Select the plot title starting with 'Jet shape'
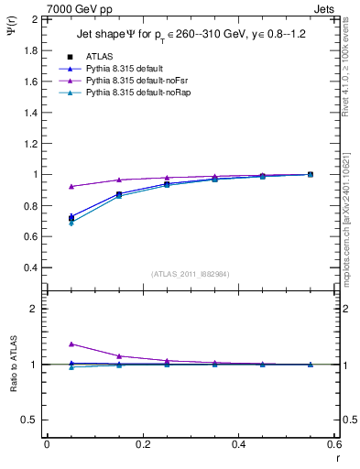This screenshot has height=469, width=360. tap(191, 36)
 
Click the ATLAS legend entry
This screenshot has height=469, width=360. tap(100, 56)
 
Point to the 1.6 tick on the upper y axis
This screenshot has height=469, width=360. tap(28, 81)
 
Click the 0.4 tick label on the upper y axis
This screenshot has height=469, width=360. tap(28, 267)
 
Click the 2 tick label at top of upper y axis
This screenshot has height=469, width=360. tap(34, 18)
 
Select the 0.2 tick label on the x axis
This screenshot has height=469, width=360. tap(142, 444)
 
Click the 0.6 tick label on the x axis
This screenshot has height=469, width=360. tap(334, 444)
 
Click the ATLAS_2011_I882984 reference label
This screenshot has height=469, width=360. tap(191, 273)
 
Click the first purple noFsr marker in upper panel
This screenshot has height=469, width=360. tap(71, 187)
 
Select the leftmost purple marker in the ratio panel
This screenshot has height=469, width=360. tap(71, 344)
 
